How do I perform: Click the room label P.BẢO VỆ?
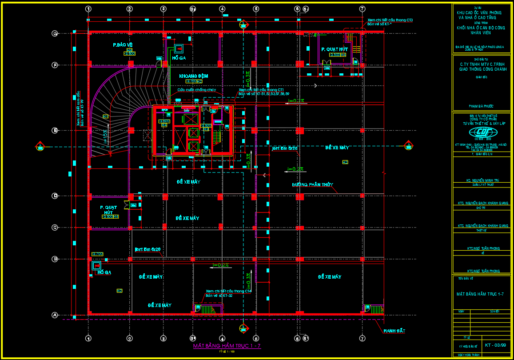pyautogui.click(x=123, y=45)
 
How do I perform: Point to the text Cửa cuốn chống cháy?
pyautogui.click(x=196, y=90)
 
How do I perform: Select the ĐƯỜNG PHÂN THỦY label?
pyautogui.click(x=313, y=184)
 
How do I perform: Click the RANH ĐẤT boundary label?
pyautogui.click(x=394, y=331)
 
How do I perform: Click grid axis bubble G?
pyautogui.click(x=55, y=33)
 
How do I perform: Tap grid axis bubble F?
pyautogui.click(x=55, y=65)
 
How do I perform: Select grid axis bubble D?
pyautogui.click(x=55, y=196)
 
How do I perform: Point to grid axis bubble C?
pyautogui.click(x=55, y=228)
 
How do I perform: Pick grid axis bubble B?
pyautogui.click(x=55, y=259)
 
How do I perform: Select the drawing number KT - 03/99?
pyautogui.click(x=495, y=344)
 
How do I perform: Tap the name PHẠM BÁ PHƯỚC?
pyautogui.click(x=481, y=106)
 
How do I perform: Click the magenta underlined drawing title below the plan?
pyautogui.click(x=227, y=346)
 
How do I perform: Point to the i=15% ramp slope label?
pyautogui.click(x=105, y=137)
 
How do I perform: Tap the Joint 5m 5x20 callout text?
pyautogui.click(x=285, y=148)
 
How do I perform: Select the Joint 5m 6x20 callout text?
pyautogui.click(x=147, y=249)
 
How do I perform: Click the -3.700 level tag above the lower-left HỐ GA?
pyautogui.click(x=97, y=254)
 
